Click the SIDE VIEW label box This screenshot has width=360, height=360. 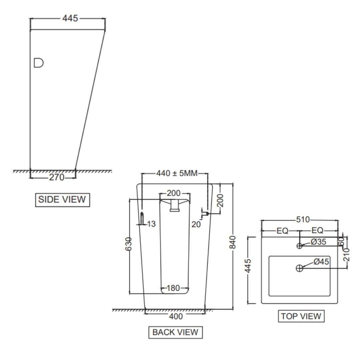62,200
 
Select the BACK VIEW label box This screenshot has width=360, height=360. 175,332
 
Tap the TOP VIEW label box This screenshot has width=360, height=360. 301,316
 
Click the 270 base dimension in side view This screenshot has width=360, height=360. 57,177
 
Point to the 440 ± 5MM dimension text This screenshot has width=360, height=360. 177,173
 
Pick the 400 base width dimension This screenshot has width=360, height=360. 176,316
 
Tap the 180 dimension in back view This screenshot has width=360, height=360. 173,288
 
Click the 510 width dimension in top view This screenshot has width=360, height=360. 303,220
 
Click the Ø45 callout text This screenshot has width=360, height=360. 321,262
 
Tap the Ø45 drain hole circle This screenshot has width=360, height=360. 299,268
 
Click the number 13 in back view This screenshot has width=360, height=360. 151,224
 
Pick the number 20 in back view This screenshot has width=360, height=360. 196,224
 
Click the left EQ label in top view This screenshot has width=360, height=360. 282,231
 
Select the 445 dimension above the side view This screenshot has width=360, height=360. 70,18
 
